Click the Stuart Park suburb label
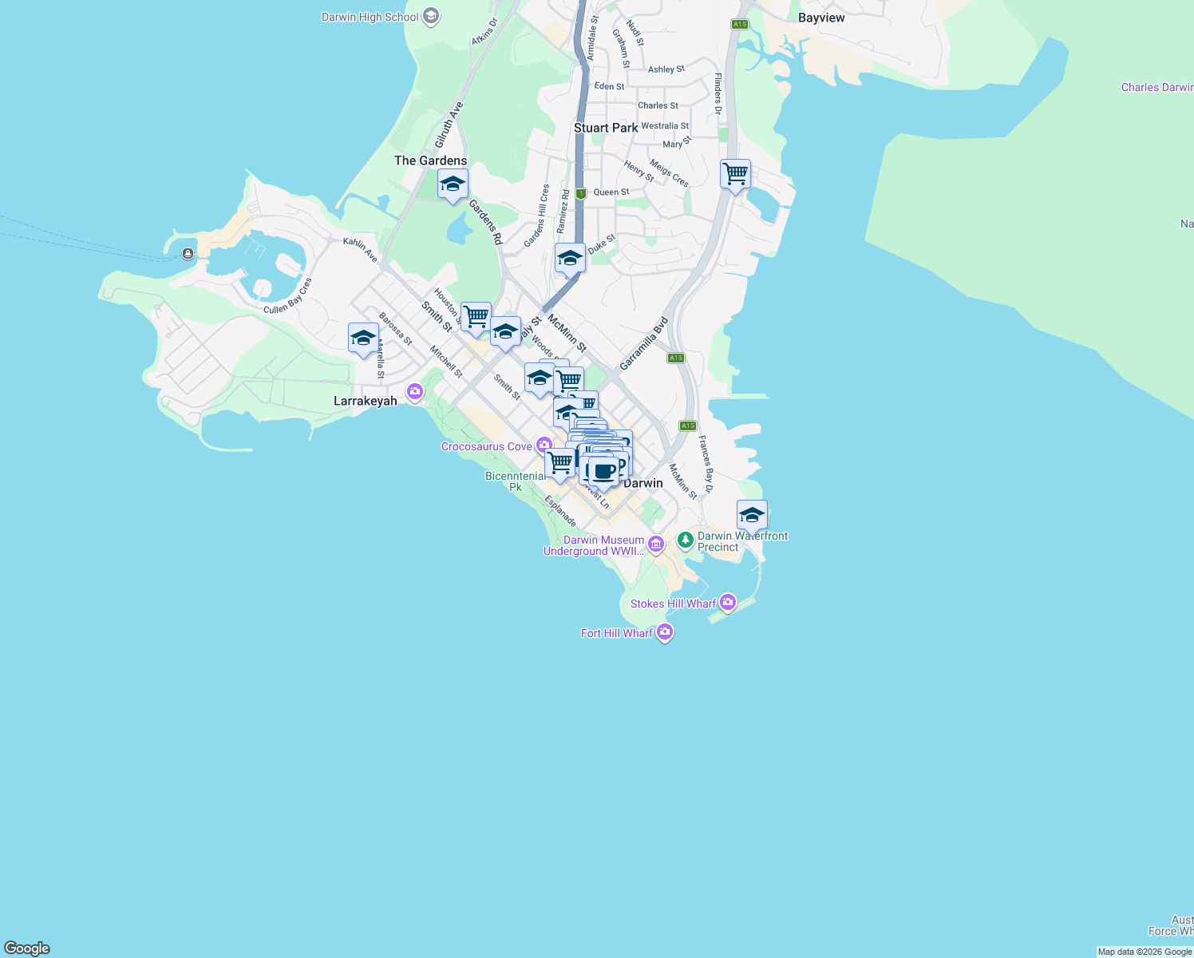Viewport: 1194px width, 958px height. [606, 128]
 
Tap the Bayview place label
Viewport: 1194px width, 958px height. [821, 18]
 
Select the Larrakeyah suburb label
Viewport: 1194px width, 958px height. [365, 401]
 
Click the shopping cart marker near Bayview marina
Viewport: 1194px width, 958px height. [735, 174]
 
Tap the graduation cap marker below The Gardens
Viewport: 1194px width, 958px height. [453, 184]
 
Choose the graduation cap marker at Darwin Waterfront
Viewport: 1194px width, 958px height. [752, 515]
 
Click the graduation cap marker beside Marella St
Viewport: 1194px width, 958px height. [363, 338]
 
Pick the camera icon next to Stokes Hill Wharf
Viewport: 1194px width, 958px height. [728, 603]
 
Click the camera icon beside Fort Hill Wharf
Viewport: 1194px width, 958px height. [665, 632]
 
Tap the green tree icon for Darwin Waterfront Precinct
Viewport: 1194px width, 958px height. [685, 540]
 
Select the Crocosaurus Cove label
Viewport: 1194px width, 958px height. [486, 446]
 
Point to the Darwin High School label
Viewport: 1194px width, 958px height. [370, 17]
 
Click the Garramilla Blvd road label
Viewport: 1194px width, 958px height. [643, 344]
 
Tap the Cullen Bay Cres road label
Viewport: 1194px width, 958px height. [288, 295]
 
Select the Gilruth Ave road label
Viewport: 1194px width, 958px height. [449, 125]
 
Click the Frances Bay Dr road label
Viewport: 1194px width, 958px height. [706, 464]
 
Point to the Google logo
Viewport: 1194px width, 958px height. [27, 948]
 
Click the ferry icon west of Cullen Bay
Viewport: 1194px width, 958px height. [188, 254]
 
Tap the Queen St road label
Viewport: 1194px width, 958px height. [611, 192]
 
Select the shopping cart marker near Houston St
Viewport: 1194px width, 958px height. [476, 317]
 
